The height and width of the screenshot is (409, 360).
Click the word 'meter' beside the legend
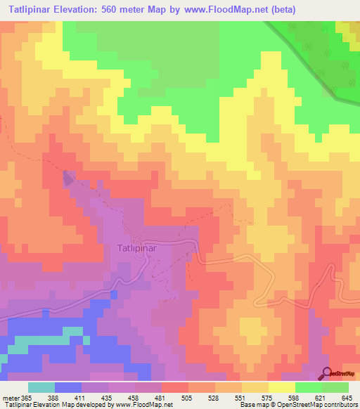[x=11, y=398]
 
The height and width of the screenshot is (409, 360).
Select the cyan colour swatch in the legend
[x=41, y=387]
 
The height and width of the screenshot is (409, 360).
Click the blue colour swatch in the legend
[x=68, y=387]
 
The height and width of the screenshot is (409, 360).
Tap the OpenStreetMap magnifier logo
[x=327, y=372]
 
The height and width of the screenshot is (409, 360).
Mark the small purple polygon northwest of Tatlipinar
[x=68, y=178]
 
